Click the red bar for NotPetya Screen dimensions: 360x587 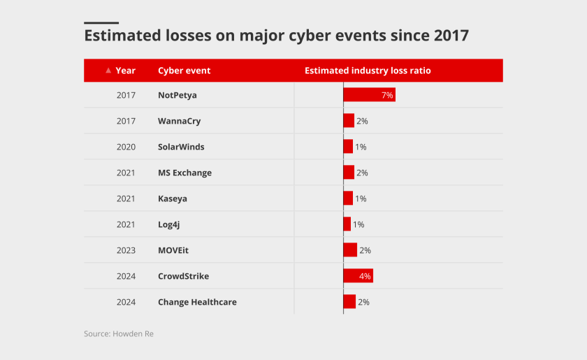(369, 94)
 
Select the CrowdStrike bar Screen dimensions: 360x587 (358, 276)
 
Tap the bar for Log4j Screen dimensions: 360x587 (347, 224)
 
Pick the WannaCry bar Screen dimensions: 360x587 (349, 121)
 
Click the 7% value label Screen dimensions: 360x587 (387, 95)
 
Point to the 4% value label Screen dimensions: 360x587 (365, 276)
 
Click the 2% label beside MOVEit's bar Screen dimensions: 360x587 (365, 250)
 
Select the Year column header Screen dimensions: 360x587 (126, 71)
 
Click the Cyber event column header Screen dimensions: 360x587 (184, 71)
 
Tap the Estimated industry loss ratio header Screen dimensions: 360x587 (368, 71)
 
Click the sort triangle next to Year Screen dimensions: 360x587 (108, 71)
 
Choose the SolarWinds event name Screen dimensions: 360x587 (181, 147)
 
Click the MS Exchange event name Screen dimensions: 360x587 (184, 173)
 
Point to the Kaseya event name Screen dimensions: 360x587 (173, 199)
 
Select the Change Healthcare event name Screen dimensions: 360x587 (197, 302)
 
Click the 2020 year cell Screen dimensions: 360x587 (126, 147)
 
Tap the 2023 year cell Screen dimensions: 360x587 (126, 250)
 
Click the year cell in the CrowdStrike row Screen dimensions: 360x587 (126, 276)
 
